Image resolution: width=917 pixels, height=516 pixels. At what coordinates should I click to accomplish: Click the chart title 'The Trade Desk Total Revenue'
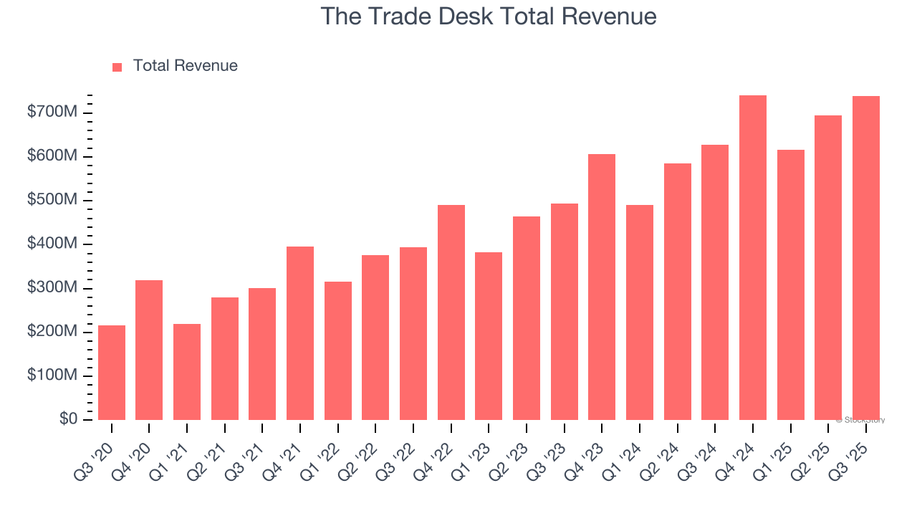point(488,16)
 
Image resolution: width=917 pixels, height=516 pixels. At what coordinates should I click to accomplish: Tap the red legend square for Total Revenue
point(117,67)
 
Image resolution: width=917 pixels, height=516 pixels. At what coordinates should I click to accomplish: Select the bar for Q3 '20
point(112,373)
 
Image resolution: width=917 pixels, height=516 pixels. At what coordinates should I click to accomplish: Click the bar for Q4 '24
point(753,258)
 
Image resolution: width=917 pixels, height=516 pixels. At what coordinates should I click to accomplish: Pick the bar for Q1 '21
point(187,372)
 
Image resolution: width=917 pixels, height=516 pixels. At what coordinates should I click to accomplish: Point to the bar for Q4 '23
point(602,287)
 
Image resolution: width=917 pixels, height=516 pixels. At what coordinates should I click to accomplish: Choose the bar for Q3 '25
point(866,258)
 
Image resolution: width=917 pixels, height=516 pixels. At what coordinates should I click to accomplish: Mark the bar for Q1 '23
point(489,336)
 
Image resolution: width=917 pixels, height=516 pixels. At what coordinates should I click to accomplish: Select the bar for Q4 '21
point(300,333)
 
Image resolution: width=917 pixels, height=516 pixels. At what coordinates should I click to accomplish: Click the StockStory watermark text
point(860,420)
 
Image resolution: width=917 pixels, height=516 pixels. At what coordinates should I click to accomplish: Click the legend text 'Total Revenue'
point(185,66)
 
